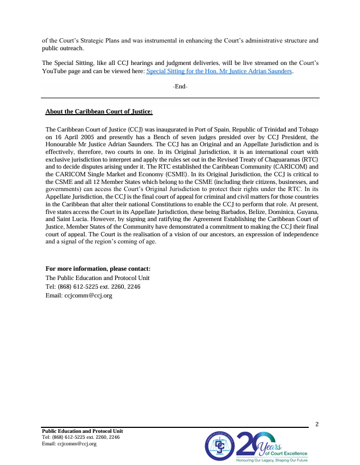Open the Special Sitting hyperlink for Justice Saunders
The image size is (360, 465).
point(219,71)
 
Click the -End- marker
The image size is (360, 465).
point(180,87)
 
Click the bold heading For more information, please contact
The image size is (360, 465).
point(98,269)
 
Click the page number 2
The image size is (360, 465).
point(317,424)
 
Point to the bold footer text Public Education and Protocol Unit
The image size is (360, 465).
point(86,431)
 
